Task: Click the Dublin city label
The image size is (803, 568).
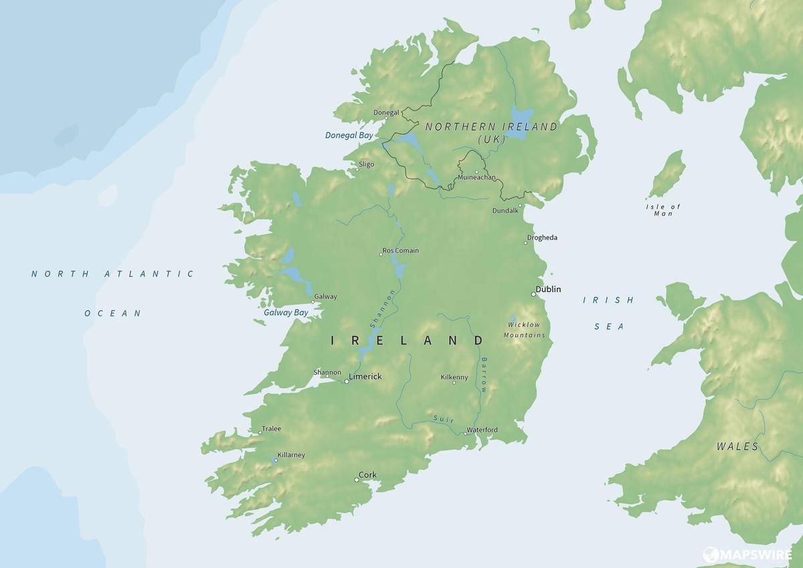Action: point(549,289)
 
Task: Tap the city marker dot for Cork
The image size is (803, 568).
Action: point(357,480)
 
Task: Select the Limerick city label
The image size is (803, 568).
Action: point(365,377)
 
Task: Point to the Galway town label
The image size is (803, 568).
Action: point(325,297)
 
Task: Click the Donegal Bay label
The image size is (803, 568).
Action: point(349,135)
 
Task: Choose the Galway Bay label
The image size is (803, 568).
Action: point(286,312)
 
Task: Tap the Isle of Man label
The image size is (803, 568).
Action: point(663,210)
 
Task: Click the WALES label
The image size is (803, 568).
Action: point(737,447)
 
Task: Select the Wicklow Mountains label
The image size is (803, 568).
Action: point(525,330)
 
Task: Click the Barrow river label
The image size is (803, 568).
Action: point(484,375)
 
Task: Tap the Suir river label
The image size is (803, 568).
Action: point(443,419)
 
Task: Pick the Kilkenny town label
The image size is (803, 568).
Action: point(454,377)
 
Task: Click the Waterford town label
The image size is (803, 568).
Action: point(482,429)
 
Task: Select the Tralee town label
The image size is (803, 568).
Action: point(272,429)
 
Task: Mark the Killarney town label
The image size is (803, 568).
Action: point(291,455)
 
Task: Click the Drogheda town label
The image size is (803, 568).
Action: point(542,238)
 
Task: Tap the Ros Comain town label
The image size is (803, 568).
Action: point(401,251)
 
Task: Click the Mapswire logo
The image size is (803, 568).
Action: point(747,555)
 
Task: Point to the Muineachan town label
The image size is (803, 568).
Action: point(476,177)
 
